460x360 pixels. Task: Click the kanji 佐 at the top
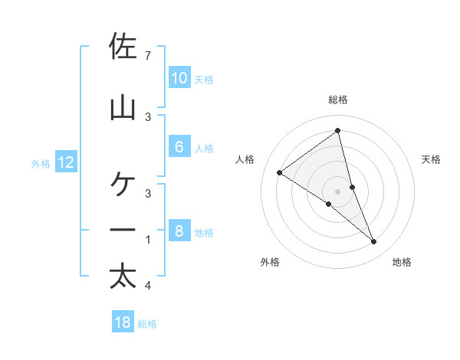pyautogui.click(x=123, y=47)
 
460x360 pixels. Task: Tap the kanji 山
pyautogui.click(x=123, y=106)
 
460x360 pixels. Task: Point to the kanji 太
pyautogui.click(x=123, y=276)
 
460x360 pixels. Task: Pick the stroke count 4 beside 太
pyautogui.click(x=147, y=286)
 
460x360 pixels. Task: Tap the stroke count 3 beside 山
pyautogui.click(x=147, y=116)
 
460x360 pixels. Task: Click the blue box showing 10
pyautogui.click(x=179, y=78)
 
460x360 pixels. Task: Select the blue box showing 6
pyautogui.click(x=179, y=147)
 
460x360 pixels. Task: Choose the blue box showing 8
pyautogui.click(x=179, y=231)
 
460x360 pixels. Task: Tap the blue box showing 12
pyautogui.click(x=66, y=162)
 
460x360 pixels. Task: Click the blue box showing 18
pyautogui.click(x=123, y=322)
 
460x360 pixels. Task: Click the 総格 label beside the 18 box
pyautogui.click(x=147, y=324)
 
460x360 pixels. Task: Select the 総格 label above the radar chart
pyautogui.click(x=337, y=100)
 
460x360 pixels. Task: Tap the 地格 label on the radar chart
pyautogui.click(x=402, y=263)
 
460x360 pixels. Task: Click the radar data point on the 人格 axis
pyautogui.click(x=279, y=172)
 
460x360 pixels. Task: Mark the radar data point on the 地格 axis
pyautogui.click(x=374, y=242)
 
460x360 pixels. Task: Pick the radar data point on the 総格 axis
pyautogui.click(x=337, y=131)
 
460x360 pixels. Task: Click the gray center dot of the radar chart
pyautogui.click(x=337, y=191)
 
